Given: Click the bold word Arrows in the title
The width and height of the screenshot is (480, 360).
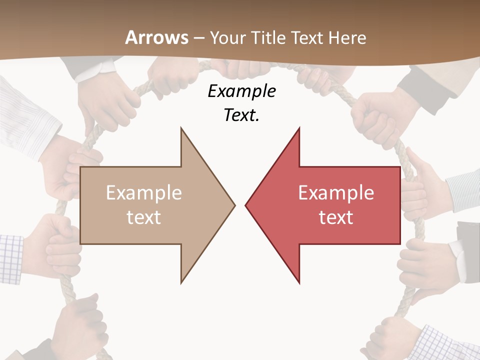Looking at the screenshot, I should click(156, 37).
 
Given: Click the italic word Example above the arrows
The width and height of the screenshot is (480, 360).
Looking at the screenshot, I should click(241, 91).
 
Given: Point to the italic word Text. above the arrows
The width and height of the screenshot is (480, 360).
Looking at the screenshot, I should click(241, 115).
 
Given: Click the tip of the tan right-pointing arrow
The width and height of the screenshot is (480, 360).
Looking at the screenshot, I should click(233, 204).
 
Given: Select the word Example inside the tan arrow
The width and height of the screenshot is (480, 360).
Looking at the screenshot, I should click(143, 192).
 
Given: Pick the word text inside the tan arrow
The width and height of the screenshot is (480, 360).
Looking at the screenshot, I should click(143, 217).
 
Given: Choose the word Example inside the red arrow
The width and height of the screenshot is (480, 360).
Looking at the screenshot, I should click(336, 192).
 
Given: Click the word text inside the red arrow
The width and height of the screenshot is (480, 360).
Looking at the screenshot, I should click(336, 217).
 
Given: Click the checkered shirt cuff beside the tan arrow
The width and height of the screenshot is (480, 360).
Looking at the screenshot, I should click(11, 257).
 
